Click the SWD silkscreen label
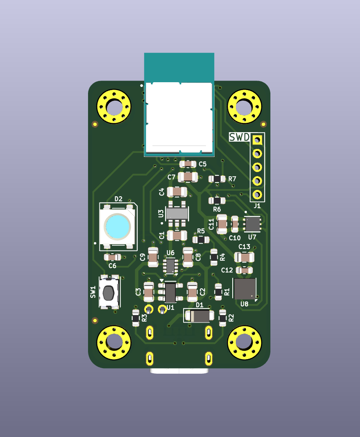pyautogui.click(x=239, y=137)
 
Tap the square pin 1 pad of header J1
pyautogui.click(x=257, y=140)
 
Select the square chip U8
pyautogui.click(x=245, y=289)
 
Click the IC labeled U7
pyautogui.click(x=253, y=224)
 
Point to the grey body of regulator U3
pyautogui.click(x=177, y=214)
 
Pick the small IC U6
pyautogui.click(x=171, y=266)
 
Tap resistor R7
pyautogui.click(x=217, y=179)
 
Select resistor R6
pyautogui.click(x=217, y=200)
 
